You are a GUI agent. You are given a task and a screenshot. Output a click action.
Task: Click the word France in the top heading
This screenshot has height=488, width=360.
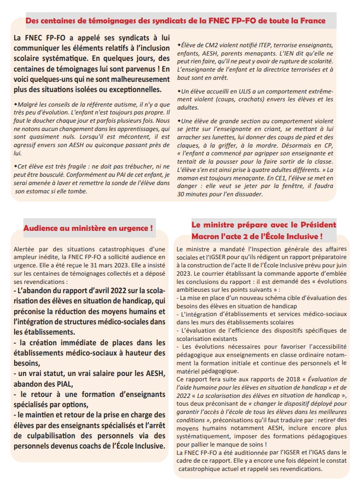tap(314, 21)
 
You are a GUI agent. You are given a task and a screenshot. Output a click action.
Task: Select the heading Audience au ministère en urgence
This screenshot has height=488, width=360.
tap(88, 228)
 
